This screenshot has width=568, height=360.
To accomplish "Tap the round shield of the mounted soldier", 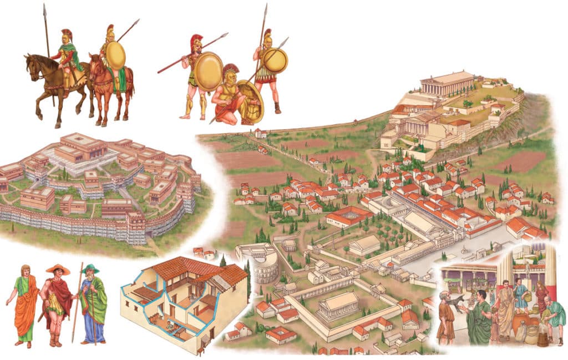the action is click(x=115, y=55).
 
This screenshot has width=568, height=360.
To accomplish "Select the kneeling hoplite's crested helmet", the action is click(x=231, y=73).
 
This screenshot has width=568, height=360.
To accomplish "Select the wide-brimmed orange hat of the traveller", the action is click(x=58, y=270).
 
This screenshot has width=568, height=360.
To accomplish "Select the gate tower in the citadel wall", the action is click(x=136, y=224).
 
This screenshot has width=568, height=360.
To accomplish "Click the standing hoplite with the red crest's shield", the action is click(x=208, y=72).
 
